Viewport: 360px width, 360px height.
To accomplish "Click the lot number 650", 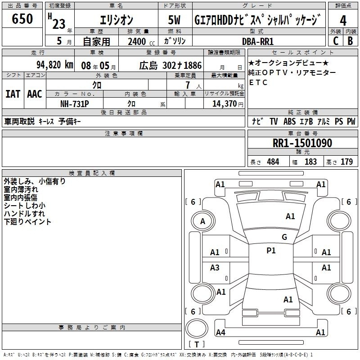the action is coord(22,18).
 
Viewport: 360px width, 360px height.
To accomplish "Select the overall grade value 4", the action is coord(343,21).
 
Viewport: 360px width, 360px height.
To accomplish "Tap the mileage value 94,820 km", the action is coord(55,65).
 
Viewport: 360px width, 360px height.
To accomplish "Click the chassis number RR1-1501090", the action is coord(302,143).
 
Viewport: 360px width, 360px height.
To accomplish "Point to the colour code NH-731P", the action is coord(75,104).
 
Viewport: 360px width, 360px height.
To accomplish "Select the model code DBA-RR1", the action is coord(258,41).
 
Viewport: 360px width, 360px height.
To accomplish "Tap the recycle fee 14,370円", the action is coord(228,104).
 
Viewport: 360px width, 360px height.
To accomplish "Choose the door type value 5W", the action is coord(174,20).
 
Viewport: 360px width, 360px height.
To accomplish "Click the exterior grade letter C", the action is coord(336,41).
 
